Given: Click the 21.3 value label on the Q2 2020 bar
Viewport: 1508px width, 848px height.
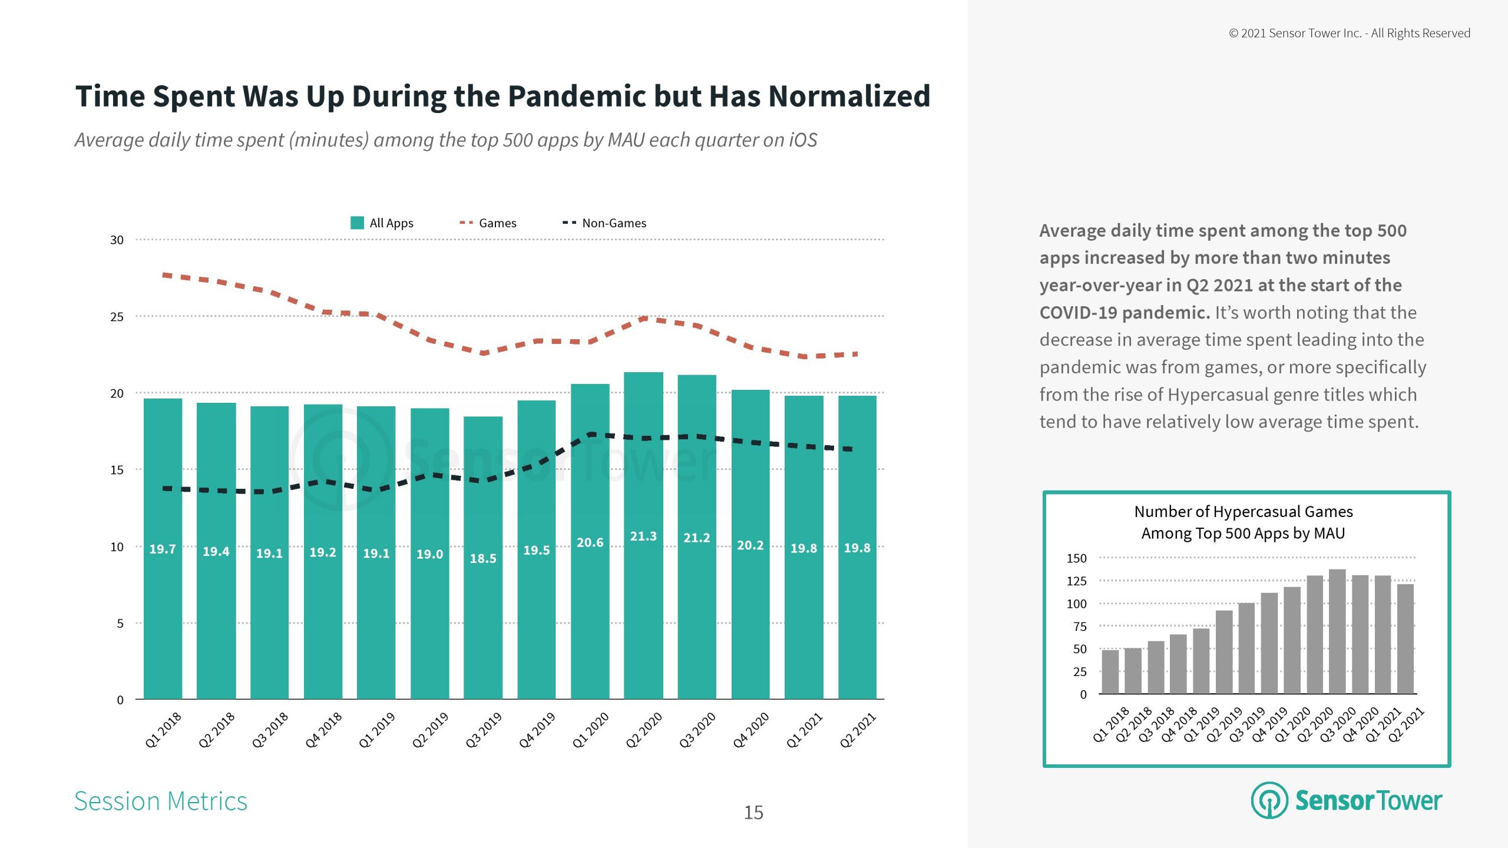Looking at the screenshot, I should [x=643, y=536].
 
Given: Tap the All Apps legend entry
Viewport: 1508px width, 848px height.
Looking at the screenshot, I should [x=382, y=223].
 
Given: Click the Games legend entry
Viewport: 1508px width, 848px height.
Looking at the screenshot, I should [x=488, y=223].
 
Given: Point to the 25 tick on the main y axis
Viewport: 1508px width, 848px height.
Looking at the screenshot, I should [x=117, y=317].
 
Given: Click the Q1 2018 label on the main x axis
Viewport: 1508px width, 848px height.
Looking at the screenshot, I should [x=163, y=730].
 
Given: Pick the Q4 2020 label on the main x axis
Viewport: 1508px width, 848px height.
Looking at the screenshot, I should [x=751, y=730].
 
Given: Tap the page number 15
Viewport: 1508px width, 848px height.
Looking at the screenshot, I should [x=753, y=813].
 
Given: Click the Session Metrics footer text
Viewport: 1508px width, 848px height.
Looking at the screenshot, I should [x=161, y=801].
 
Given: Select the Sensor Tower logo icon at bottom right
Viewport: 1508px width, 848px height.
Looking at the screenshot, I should [x=1269, y=800].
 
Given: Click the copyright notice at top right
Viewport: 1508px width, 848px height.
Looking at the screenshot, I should [x=1350, y=34].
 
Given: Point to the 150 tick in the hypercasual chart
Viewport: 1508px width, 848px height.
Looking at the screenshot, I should [x=1076, y=558].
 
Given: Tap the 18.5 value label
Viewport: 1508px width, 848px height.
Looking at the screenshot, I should [x=483, y=558].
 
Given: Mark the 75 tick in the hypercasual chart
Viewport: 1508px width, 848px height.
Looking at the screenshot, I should [x=1079, y=627].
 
